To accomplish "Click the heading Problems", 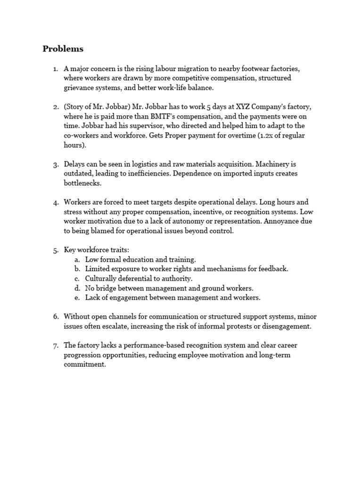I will coord(63,49).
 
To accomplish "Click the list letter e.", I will coord(76,297).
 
